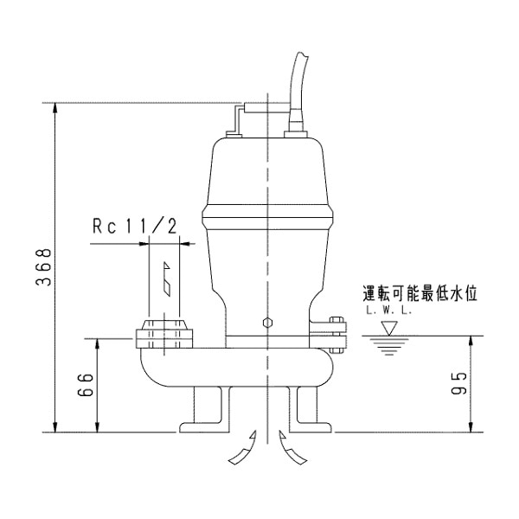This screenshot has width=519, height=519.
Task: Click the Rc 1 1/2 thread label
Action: pyautogui.click(x=135, y=227)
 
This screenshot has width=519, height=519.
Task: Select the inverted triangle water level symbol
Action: pyautogui.click(x=388, y=328)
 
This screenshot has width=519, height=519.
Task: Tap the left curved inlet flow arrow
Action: pyautogui.click(x=243, y=449)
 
